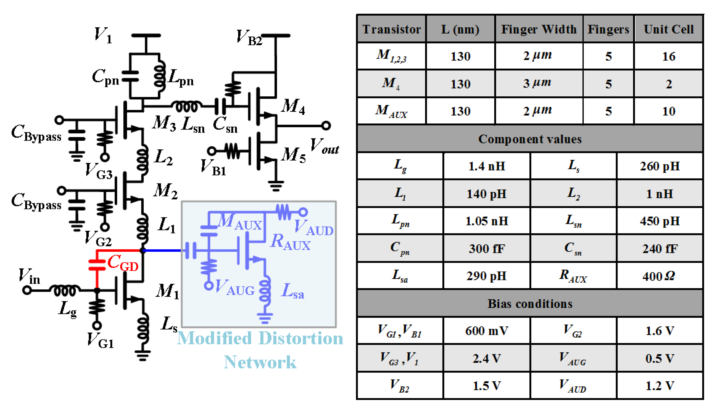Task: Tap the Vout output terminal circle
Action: click(x=326, y=125)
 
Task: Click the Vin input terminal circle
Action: click(x=27, y=290)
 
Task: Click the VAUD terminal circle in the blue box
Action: click(x=303, y=212)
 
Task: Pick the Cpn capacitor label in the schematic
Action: click(x=105, y=77)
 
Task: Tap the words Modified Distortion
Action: click(x=260, y=338)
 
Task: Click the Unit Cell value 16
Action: click(x=669, y=56)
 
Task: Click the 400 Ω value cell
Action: click(x=659, y=276)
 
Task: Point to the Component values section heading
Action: click(x=530, y=139)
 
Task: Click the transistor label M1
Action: click(x=167, y=291)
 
